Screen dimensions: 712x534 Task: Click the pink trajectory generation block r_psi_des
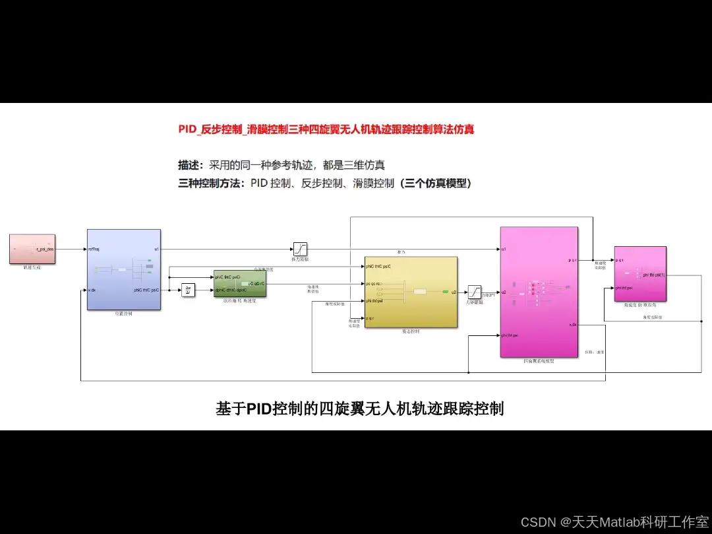32,249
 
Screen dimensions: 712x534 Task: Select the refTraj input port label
94,250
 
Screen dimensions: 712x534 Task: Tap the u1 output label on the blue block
156,250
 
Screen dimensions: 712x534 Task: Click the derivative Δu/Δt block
189,290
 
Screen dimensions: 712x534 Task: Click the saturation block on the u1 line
300,249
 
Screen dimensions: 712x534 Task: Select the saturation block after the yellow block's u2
475,291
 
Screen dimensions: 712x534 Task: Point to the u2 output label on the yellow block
453,292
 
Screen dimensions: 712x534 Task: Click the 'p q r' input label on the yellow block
371,318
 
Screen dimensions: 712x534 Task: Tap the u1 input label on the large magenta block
504,250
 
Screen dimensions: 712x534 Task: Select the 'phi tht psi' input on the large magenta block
510,335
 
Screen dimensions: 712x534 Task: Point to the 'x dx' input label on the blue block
92,290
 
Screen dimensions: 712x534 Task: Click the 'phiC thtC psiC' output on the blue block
146,290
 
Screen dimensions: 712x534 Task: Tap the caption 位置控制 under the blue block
123,314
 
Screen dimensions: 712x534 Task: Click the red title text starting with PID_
326,129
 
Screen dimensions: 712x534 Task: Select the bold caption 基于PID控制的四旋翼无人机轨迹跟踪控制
360,409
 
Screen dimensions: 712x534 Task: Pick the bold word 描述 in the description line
190,165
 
